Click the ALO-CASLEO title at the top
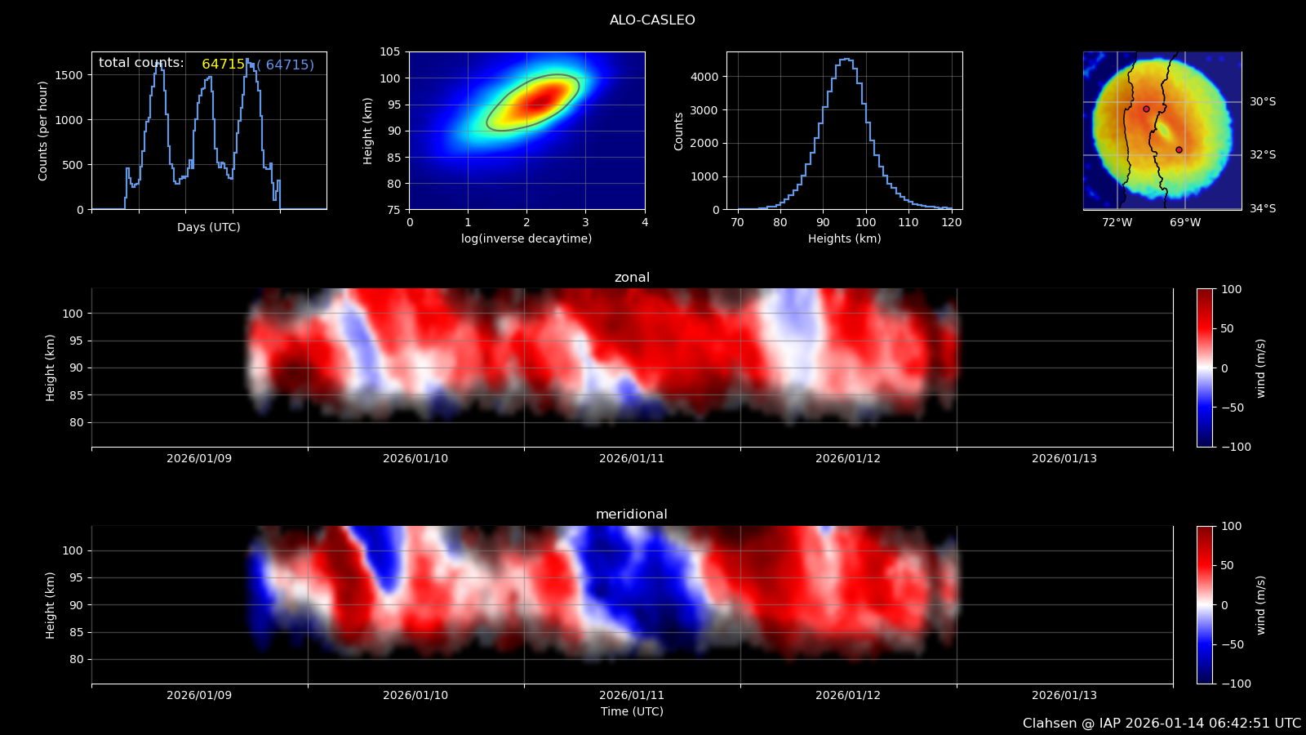(652, 20)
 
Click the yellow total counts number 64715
(224, 65)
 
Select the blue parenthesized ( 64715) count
(285, 65)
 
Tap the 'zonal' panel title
(632, 277)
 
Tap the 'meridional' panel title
(632, 514)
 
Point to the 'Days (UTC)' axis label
(209, 228)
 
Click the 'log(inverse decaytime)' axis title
(526, 238)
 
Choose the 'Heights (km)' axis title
(844, 238)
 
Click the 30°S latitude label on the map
(1263, 101)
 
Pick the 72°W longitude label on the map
(1117, 222)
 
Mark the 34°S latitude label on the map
(1263, 208)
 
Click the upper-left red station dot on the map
(1146, 109)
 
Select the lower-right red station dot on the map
(1179, 150)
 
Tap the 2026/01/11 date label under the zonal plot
(632, 458)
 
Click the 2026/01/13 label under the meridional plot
(1064, 695)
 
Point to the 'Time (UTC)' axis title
(632, 711)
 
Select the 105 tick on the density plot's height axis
(390, 52)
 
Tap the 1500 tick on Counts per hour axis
(70, 75)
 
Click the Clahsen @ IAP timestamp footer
(1162, 724)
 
